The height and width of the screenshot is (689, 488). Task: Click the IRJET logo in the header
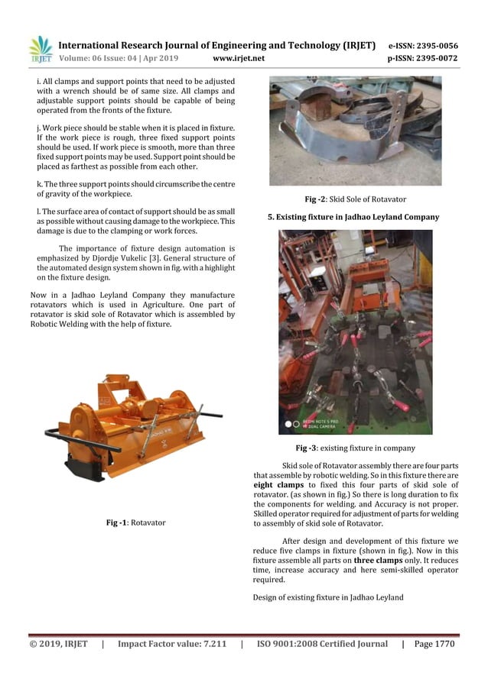(x=41, y=50)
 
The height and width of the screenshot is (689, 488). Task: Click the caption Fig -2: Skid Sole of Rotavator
(x=355, y=199)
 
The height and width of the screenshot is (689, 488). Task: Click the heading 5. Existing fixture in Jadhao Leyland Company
(x=353, y=217)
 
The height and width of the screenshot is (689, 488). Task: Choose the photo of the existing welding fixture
(x=355, y=332)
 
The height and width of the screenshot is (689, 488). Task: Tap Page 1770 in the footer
(x=433, y=644)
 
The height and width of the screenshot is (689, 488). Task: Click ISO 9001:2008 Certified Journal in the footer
(x=322, y=644)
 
